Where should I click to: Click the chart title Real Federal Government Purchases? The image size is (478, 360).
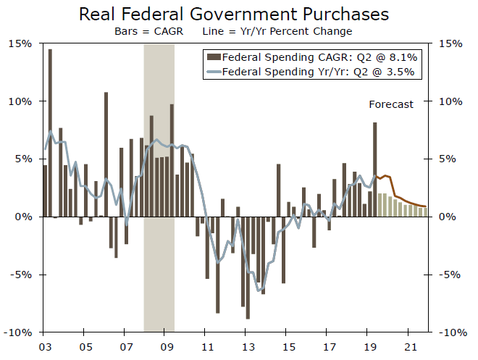point(233,14)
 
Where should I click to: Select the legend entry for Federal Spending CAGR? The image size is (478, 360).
point(311,56)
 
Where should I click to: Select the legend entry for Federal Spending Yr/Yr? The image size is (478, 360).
point(311,72)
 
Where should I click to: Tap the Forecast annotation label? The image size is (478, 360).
point(391,104)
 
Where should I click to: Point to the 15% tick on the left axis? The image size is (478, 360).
point(21,43)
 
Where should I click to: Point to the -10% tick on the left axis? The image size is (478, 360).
point(19,332)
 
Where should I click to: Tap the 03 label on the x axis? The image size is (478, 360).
point(45,346)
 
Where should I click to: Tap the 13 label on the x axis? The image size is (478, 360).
point(248,346)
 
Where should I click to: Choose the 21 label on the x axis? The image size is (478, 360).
point(410,346)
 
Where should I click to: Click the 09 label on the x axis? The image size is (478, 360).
point(167,346)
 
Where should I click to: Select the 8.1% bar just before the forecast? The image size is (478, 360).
point(374,169)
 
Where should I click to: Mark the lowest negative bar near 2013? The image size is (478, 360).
point(248,267)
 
